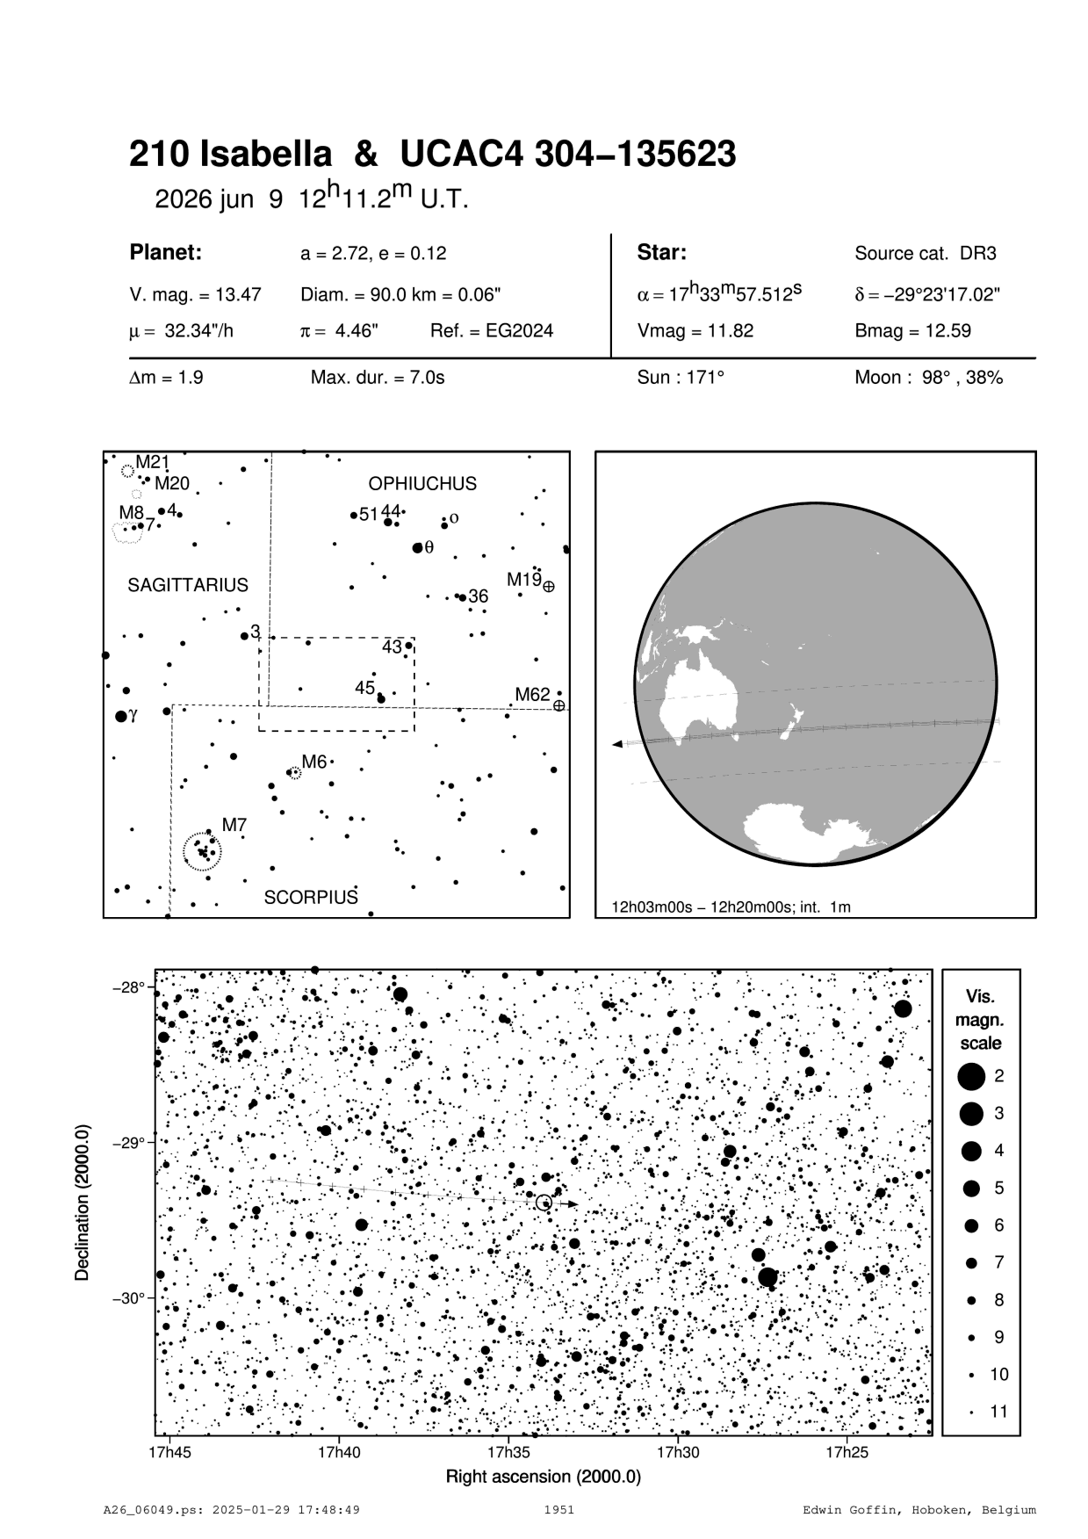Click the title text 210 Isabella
click(x=230, y=155)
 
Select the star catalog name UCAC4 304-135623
click(x=568, y=155)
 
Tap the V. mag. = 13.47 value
click(x=195, y=295)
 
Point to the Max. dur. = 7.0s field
click(x=378, y=378)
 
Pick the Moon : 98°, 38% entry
click(x=928, y=378)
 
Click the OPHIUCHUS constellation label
click(x=422, y=484)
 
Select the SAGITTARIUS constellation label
click(x=188, y=585)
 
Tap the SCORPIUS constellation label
click(x=311, y=898)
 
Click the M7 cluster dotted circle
click(x=203, y=851)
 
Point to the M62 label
click(x=532, y=695)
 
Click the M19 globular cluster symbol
click(x=549, y=586)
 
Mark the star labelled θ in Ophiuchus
click(x=417, y=548)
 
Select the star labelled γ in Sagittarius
click(x=121, y=717)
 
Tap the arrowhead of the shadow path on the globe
click(x=617, y=744)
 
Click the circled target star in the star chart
click(x=544, y=1203)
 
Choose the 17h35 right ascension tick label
click(x=509, y=1452)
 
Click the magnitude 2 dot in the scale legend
click(x=970, y=1075)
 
